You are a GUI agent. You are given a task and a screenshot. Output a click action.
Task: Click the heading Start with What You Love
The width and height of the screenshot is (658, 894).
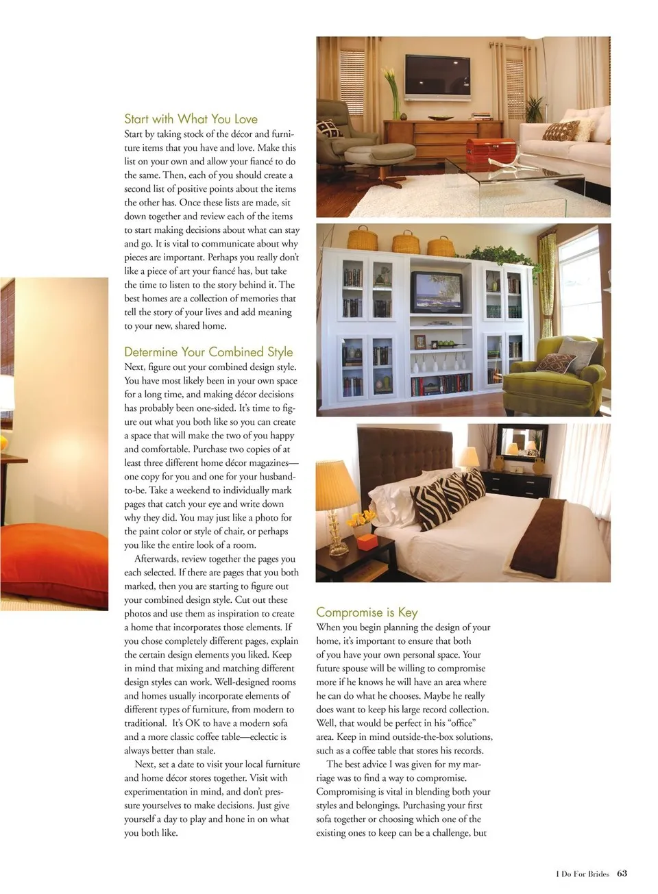191,119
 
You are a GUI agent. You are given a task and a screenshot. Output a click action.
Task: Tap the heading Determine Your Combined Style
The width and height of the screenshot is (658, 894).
208,351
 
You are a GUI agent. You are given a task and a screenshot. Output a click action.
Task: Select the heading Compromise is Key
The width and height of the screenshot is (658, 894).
367,612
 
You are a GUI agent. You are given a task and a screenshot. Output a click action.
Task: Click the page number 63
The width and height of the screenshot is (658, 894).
622,873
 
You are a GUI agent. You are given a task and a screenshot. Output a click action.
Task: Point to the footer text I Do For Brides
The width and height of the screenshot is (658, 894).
582,873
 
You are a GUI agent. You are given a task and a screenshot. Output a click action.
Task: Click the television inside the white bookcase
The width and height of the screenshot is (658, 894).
437,290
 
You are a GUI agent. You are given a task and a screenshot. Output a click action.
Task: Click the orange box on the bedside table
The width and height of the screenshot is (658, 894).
368,542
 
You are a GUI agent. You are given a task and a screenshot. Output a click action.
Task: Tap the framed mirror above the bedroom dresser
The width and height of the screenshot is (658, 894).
522,442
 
